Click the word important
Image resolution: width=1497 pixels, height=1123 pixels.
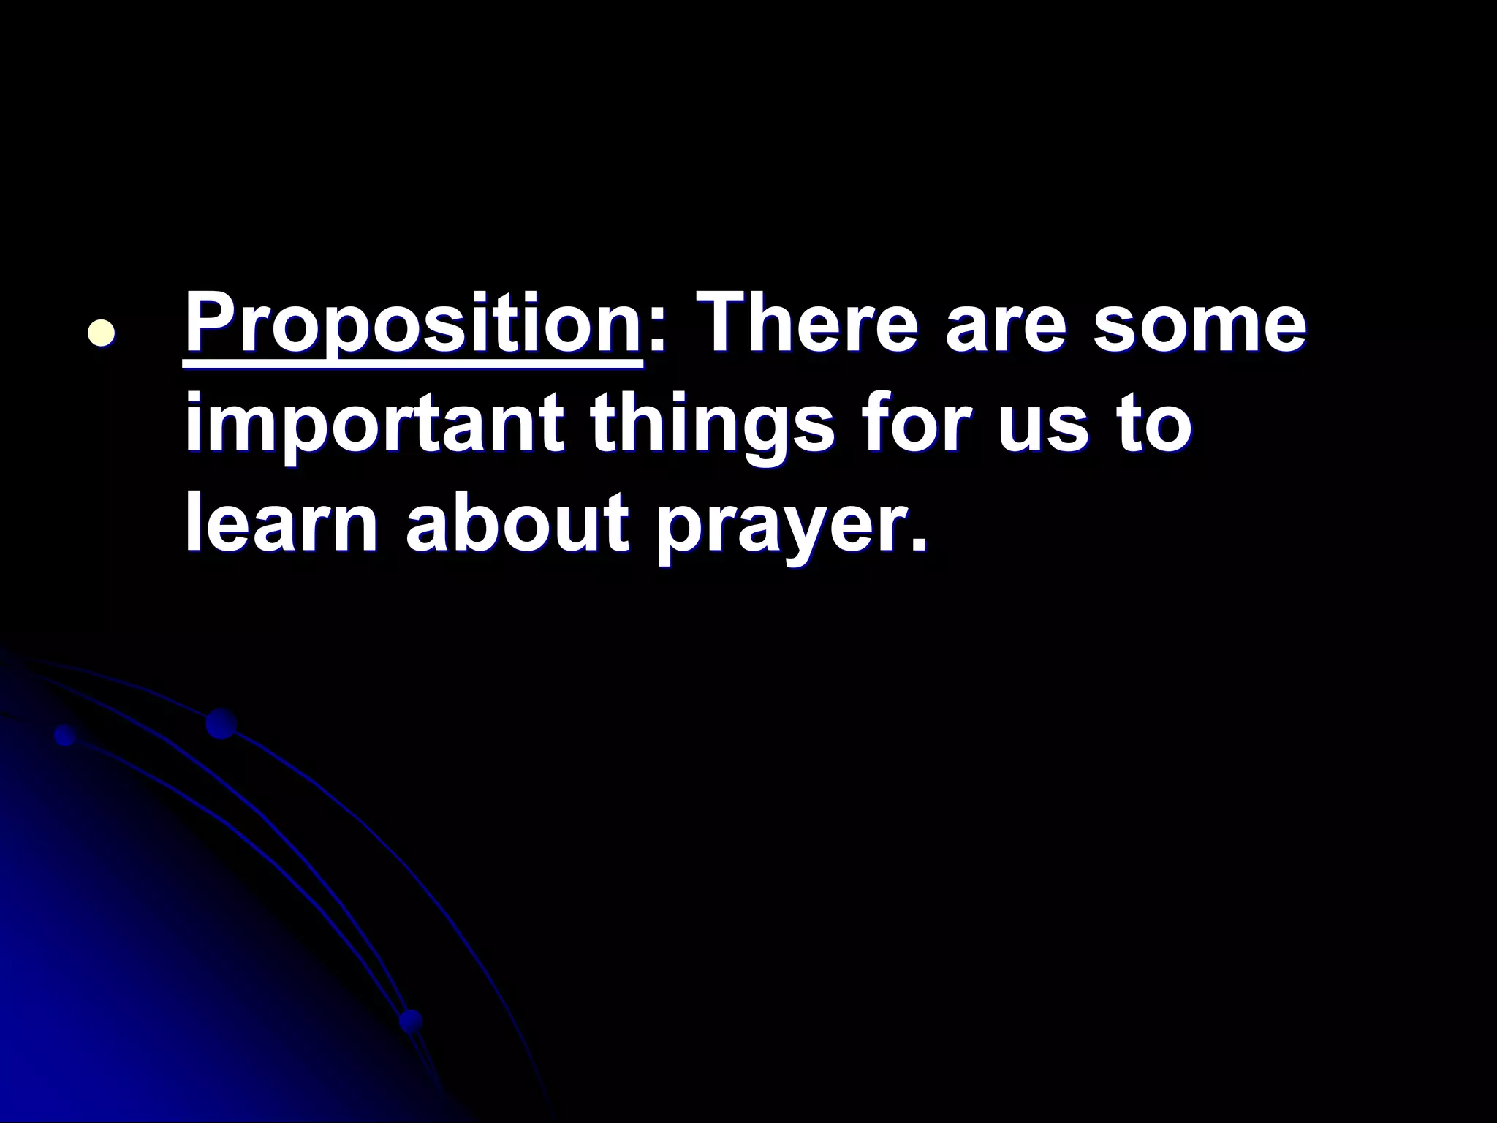pyautogui.click(x=374, y=427)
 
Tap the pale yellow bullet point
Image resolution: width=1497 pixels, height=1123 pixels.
pyautogui.click(x=101, y=332)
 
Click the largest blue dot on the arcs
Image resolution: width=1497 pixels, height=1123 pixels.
pyautogui.click(x=221, y=724)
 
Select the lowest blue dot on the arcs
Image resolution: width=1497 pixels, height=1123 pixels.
pyautogui.click(x=411, y=1021)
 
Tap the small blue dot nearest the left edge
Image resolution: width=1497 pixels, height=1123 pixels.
pyautogui.click(x=66, y=735)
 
